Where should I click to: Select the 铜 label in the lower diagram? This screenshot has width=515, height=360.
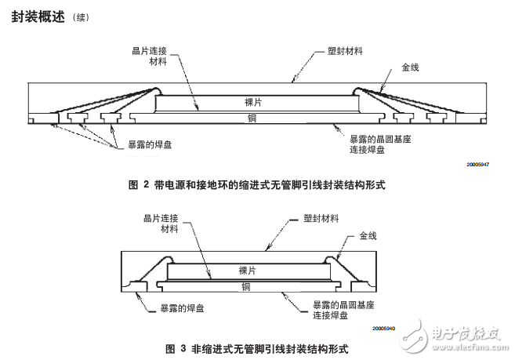(x=247, y=285)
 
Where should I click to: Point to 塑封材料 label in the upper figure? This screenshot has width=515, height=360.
(x=345, y=51)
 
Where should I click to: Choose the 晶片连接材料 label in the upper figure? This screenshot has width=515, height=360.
(x=151, y=56)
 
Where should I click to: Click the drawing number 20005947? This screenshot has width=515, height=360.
(x=478, y=164)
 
